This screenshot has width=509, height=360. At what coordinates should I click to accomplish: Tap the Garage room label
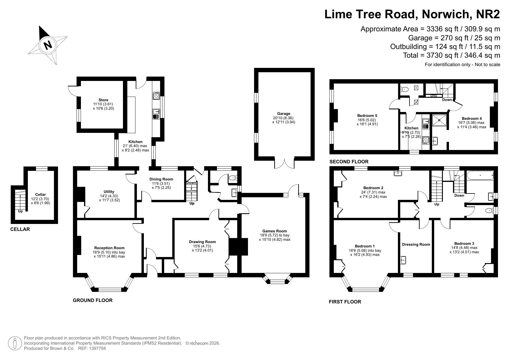click(x=284, y=114)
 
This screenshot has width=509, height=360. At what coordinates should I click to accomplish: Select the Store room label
click(x=104, y=100)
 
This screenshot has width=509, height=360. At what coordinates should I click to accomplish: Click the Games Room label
click(x=275, y=231)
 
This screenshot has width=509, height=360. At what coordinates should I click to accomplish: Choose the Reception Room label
click(x=109, y=248)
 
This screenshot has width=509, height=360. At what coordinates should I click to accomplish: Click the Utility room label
click(x=109, y=192)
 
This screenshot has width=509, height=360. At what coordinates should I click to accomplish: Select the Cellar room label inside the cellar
click(x=41, y=195)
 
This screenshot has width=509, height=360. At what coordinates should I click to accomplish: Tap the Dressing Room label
click(x=416, y=245)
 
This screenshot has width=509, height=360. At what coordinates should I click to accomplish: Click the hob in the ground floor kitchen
click(x=156, y=96)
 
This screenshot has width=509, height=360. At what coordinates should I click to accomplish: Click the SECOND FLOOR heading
click(x=349, y=162)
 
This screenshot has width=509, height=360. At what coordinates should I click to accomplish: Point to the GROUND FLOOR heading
click(x=93, y=300)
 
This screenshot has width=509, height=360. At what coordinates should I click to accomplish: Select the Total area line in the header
click(x=452, y=55)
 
